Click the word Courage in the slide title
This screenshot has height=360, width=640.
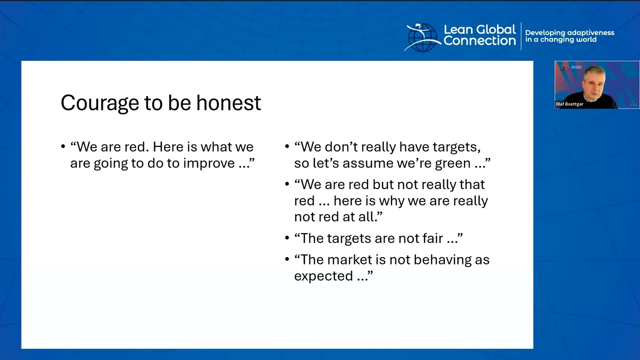click(99, 103)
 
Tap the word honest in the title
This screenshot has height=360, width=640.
click(228, 102)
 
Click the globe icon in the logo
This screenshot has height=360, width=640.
click(422, 37)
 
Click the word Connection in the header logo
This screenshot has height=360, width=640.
click(479, 40)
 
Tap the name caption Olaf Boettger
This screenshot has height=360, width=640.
click(569, 104)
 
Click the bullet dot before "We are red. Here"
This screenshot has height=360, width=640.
click(63, 147)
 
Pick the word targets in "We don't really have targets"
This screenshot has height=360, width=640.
click(456, 147)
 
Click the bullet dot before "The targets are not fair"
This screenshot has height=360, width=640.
click(287, 238)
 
